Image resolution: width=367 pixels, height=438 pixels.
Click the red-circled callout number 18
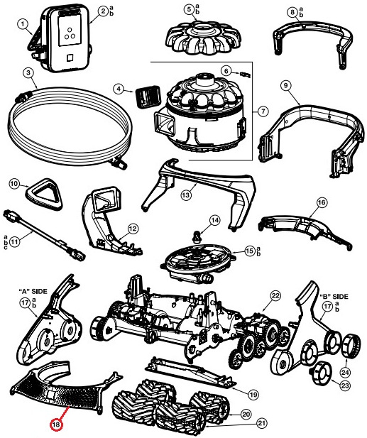point(56,425)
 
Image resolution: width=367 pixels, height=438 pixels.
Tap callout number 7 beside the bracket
point(263,111)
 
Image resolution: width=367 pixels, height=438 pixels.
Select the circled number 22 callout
point(275,296)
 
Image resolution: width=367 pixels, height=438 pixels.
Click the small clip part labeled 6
point(245,75)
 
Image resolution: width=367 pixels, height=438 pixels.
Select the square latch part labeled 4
point(148,97)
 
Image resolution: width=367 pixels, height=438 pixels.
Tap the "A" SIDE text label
point(33,291)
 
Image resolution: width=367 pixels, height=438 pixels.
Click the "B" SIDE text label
point(334,296)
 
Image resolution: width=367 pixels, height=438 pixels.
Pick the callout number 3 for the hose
point(28,73)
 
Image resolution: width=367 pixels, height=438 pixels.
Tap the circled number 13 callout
point(186,195)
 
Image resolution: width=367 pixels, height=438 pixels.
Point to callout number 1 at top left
point(23,24)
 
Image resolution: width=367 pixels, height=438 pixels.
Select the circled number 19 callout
point(253,395)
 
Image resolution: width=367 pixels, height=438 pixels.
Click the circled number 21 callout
point(261,423)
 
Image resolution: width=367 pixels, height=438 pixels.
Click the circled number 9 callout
point(285,86)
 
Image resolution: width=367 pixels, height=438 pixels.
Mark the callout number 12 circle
point(133,229)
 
